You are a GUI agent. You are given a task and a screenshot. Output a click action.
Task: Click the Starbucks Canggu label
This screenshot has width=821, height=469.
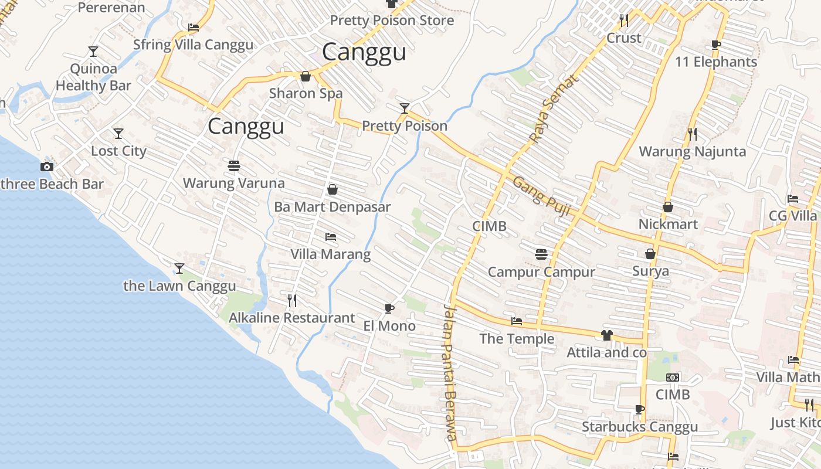click(640, 427)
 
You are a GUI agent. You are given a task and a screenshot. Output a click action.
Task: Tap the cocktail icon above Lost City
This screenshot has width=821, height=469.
click(118, 134)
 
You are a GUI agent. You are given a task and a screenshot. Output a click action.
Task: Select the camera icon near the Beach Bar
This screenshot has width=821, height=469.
click(47, 166)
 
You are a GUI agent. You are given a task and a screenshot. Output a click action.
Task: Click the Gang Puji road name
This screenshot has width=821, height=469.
click(541, 196)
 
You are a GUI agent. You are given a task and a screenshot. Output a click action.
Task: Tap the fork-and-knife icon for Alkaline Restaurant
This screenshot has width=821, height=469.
click(292, 301)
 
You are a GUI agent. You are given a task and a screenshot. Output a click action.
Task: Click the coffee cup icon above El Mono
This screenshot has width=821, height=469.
click(389, 308)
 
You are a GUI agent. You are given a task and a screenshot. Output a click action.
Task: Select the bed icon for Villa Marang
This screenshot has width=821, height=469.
click(331, 237)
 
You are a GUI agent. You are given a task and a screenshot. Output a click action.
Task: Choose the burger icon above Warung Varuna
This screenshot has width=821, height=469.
click(233, 165)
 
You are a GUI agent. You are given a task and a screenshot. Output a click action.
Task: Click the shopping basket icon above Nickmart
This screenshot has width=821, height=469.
click(667, 207)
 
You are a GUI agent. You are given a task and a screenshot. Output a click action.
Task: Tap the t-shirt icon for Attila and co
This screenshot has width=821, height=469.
click(606, 335)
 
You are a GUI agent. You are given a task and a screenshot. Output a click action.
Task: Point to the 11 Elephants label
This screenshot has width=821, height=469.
click(716, 62)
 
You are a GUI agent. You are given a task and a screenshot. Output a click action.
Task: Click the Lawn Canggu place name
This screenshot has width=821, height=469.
click(179, 286)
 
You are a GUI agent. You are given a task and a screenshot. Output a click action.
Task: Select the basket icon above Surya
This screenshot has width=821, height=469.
click(650, 254)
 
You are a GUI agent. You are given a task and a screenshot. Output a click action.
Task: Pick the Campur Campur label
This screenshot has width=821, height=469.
click(541, 272)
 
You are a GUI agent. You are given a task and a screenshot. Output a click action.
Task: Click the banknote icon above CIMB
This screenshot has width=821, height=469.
click(673, 378)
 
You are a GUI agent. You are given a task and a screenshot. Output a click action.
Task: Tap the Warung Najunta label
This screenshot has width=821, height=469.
click(692, 151)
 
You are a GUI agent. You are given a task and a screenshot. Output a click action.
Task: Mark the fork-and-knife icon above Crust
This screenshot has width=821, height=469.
click(624, 21)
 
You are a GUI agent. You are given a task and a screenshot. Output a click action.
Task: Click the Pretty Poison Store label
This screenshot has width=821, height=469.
click(392, 21)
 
